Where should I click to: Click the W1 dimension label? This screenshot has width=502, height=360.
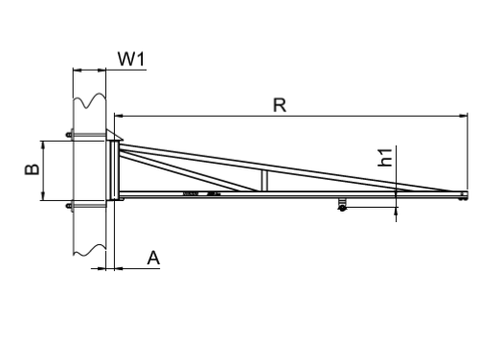[131, 58]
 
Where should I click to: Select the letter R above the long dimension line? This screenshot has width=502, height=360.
[280, 105]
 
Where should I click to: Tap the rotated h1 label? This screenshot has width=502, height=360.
[385, 157]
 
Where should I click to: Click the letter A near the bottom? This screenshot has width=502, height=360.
[153, 258]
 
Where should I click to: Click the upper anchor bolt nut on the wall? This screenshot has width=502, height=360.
[69, 134]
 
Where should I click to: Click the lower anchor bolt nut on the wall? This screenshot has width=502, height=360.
[69, 206]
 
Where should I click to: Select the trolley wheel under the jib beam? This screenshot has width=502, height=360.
[342, 208]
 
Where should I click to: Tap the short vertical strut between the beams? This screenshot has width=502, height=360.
[264, 180]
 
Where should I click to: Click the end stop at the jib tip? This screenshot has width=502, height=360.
[462, 196]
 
